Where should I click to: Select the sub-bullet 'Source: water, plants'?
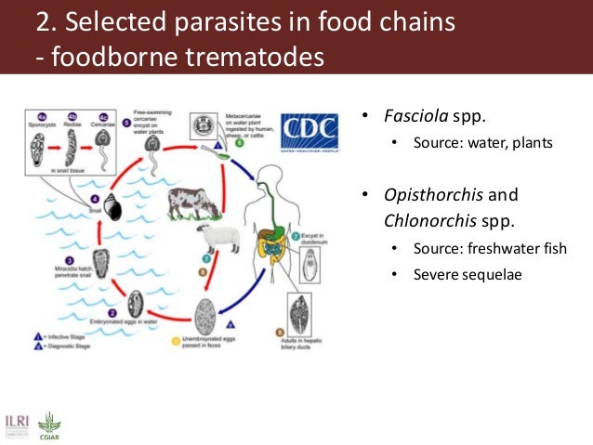tap(483, 143)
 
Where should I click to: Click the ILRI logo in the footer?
tap(16, 424)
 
